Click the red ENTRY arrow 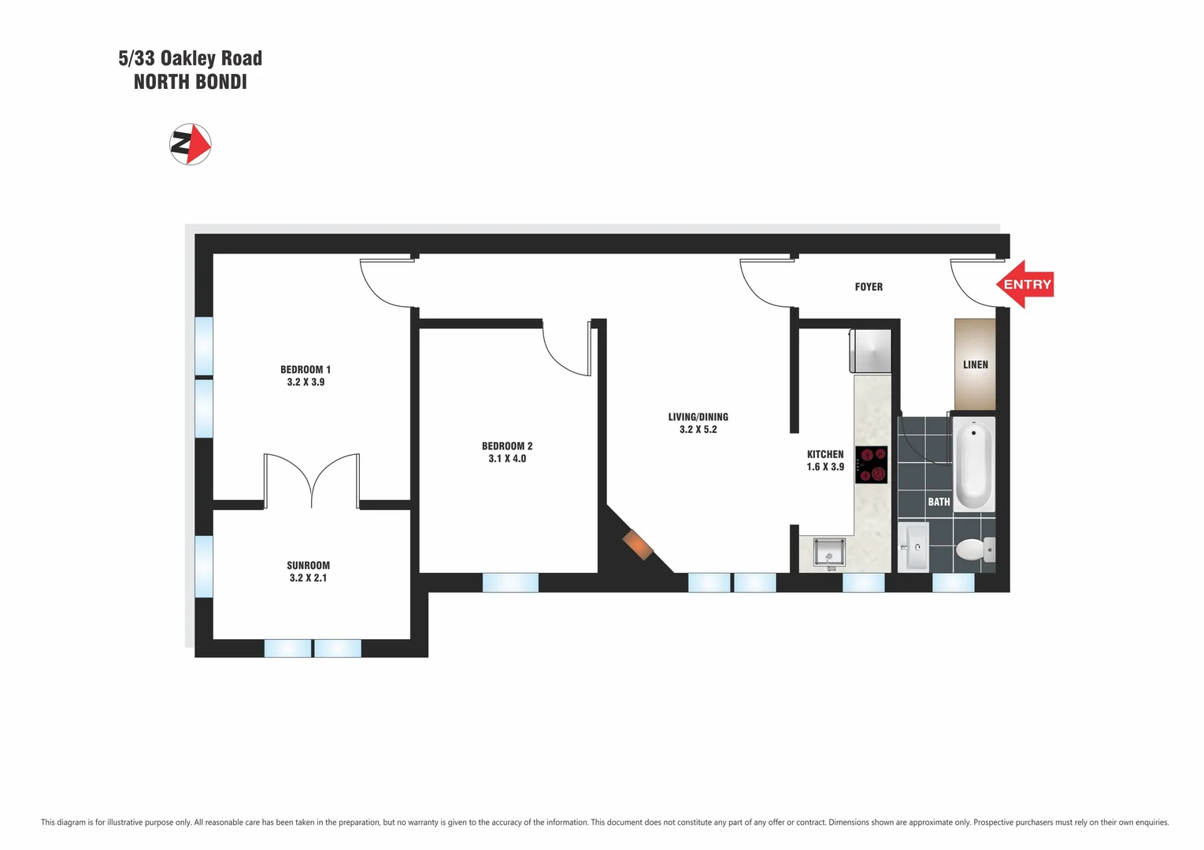(1025, 284)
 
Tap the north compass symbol (191, 144)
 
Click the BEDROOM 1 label (306, 369)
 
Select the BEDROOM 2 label (507, 445)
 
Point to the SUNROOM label (308, 565)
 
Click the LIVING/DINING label (698, 416)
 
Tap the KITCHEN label (824, 454)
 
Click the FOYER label (869, 286)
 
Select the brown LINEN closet (975, 364)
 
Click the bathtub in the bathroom (974, 464)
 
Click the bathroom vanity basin (913, 546)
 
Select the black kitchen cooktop (871, 464)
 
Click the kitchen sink (829, 552)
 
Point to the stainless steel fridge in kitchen (871, 350)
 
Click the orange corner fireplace (638, 545)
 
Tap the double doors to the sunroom (312, 481)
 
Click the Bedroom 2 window (510, 582)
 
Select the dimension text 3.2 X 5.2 (698, 430)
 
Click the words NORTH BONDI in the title (191, 82)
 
